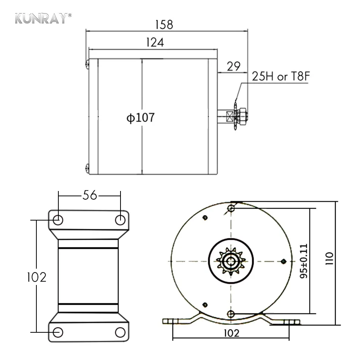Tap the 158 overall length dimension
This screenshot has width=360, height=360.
click(164, 25)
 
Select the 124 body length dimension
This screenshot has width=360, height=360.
click(155, 42)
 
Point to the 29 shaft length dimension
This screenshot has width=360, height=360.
click(233, 66)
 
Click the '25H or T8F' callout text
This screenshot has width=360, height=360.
click(281, 76)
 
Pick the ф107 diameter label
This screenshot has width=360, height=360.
click(141, 117)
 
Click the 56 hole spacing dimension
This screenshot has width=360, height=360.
click(90, 195)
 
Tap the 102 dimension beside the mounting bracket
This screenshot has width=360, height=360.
click(37, 277)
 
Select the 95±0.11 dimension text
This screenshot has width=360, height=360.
click(304, 261)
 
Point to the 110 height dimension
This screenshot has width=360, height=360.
click(329, 258)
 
